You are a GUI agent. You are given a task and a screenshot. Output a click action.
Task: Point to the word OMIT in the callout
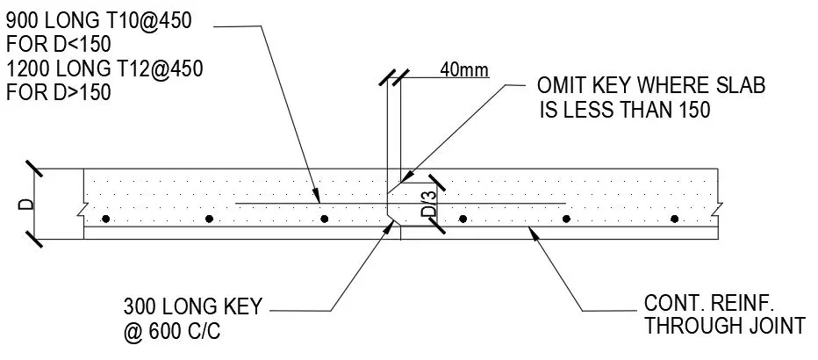pos(563,86)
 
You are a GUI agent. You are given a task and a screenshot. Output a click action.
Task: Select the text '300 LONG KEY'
pos(194,307)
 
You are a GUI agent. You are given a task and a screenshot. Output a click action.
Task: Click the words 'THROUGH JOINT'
pos(724,328)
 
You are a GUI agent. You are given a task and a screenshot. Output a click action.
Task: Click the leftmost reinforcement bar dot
pos(104,219)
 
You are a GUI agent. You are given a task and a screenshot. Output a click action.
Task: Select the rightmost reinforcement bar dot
pos(675,219)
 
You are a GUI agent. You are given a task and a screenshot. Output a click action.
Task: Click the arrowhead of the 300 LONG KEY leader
pos(391,225)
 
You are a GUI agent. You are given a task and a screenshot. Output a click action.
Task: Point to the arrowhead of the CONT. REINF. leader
pos(530,229)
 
